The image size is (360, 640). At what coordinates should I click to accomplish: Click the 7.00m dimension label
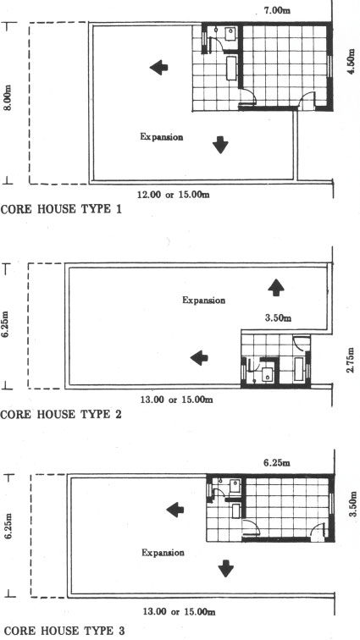[x=277, y=10]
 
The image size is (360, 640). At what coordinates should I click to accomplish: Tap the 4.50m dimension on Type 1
[x=350, y=62]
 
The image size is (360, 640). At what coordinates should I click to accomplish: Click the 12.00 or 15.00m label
[x=174, y=195]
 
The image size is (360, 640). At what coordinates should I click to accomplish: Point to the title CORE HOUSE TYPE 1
[x=61, y=209]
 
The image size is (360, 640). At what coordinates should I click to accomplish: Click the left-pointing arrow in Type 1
[x=158, y=68]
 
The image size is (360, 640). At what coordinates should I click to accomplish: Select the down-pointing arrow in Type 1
[x=220, y=145]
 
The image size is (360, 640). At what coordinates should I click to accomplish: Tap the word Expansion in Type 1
[x=162, y=137]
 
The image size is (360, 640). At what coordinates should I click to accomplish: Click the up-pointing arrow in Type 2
[x=276, y=287]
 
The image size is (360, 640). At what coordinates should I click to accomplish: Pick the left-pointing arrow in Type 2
[x=199, y=358]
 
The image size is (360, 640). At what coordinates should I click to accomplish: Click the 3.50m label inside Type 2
[x=278, y=318]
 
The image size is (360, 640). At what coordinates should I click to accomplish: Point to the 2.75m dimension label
[x=350, y=359]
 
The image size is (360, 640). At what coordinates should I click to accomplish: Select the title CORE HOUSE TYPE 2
[x=61, y=415]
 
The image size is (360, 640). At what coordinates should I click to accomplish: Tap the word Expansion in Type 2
[x=203, y=301]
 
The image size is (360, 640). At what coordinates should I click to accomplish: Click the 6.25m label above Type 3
[x=277, y=463]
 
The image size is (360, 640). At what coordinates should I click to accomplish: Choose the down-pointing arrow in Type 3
[x=225, y=569]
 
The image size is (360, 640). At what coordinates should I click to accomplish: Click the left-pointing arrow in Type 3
[x=174, y=510]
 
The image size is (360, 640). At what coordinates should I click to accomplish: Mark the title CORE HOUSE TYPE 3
[x=63, y=631]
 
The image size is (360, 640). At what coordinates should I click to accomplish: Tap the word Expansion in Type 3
[x=163, y=553]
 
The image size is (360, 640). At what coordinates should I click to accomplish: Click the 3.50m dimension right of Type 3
[x=352, y=503]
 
